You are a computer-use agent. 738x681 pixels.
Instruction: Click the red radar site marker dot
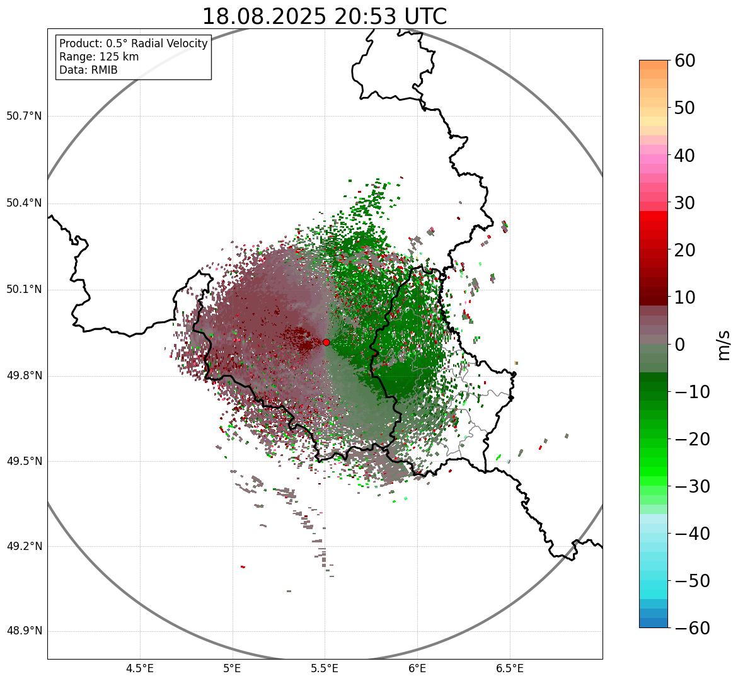coord(326,342)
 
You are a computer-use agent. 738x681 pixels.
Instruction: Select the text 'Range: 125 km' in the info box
coord(99,57)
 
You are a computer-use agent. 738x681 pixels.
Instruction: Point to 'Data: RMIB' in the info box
coord(88,70)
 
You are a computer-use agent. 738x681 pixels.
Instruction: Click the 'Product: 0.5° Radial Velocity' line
coord(133,43)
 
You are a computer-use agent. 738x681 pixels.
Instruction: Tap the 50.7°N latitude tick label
coord(24,117)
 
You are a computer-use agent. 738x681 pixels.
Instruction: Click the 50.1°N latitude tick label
coord(24,290)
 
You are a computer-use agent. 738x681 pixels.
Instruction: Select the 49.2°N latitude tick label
coord(24,546)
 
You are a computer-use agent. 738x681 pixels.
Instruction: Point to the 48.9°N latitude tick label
coord(24,631)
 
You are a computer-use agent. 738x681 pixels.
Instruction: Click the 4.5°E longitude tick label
coord(140,668)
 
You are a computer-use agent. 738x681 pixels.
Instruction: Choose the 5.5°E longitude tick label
coord(325,668)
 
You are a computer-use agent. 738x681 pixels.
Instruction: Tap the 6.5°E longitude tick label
coord(509,668)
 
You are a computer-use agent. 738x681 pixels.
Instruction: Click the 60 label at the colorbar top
coord(684,60)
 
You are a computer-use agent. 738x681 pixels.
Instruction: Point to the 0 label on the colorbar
coord(680,345)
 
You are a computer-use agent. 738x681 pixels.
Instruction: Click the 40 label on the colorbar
coord(684,155)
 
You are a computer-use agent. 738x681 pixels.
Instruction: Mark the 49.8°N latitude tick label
coord(24,376)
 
